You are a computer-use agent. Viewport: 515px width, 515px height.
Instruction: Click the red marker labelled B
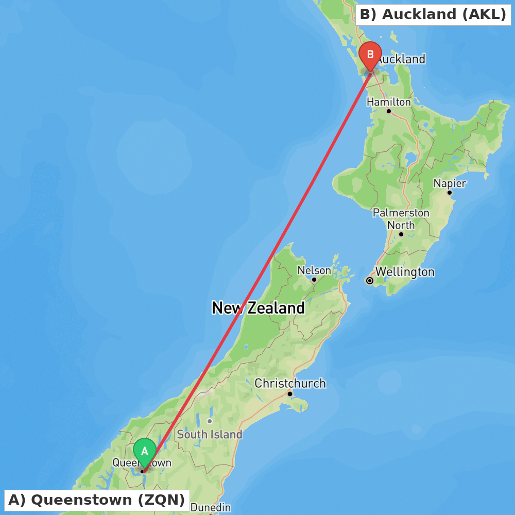point(370,54)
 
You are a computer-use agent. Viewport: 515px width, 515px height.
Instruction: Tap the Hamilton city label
point(389,102)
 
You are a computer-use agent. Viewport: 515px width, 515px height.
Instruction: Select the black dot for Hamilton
point(389,111)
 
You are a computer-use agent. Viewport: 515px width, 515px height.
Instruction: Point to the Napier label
point(450,183)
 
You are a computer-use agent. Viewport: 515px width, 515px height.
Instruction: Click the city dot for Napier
point(449,193)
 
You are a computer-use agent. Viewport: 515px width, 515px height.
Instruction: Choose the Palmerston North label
point(401,219)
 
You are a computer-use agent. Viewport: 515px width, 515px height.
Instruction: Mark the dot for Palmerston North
point(401,234)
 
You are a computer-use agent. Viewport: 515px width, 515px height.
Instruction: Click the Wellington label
point(405,272)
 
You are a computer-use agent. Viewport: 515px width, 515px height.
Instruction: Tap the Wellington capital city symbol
point(369,281)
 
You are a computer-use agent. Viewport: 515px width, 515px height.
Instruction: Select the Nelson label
point(314,270)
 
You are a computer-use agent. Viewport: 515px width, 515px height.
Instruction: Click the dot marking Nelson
point(314,280)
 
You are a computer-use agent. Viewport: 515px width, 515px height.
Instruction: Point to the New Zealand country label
point(259,308)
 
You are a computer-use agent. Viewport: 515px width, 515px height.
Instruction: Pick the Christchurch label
point(290,383)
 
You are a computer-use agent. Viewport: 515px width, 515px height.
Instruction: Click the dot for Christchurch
point(290,393)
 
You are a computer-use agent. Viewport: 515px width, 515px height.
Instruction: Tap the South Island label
point(210,434)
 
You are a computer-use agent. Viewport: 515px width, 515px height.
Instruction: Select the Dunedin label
point(211,507)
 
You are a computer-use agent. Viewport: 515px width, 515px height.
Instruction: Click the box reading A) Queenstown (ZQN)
point(97,500)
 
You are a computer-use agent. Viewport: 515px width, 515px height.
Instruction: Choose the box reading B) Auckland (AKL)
point(433,14)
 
